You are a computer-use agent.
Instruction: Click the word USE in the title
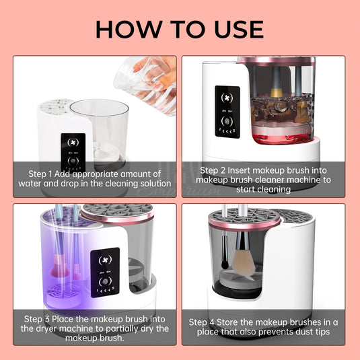[239, 29]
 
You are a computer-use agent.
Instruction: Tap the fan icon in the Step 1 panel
[73, 143]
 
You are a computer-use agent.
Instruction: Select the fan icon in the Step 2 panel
[227, 98]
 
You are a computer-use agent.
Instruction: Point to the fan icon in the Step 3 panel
[105, 260]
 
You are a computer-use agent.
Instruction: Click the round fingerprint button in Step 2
[227, 121]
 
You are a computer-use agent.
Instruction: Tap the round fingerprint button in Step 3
[105, 281]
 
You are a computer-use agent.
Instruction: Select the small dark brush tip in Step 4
[225, 264]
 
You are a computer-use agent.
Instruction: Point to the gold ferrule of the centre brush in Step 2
[277, 93]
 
